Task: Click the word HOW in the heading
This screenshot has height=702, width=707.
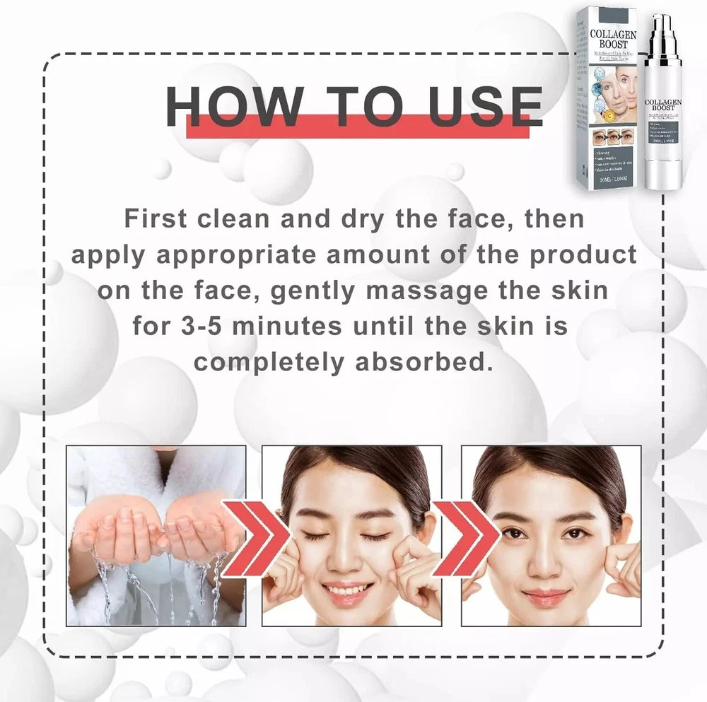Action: point(233,107)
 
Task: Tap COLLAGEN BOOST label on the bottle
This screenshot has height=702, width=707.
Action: point(663,108)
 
